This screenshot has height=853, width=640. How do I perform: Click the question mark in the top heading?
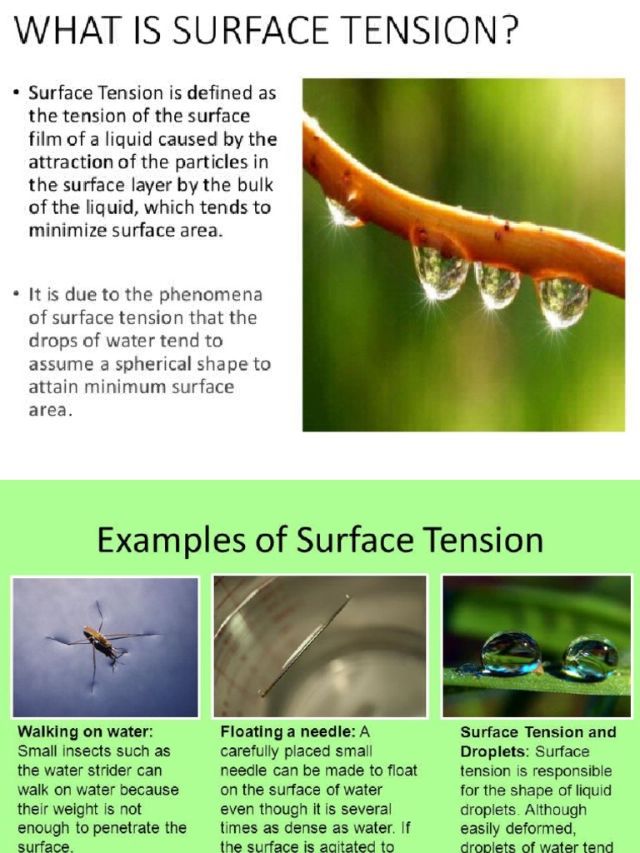tap(507, 32)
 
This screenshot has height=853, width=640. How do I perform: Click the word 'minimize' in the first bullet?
tap(66, 231)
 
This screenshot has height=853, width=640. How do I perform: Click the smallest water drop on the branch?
tap(342, 212)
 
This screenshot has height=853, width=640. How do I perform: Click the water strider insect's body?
tap(98, 640)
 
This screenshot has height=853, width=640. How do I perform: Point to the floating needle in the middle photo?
tap(304, 646)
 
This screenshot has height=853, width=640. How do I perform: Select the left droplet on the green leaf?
tap(510, 652)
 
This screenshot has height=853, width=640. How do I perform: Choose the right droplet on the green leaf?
tap(589, 657)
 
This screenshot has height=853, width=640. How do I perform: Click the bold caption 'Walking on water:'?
tap(86, 732)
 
